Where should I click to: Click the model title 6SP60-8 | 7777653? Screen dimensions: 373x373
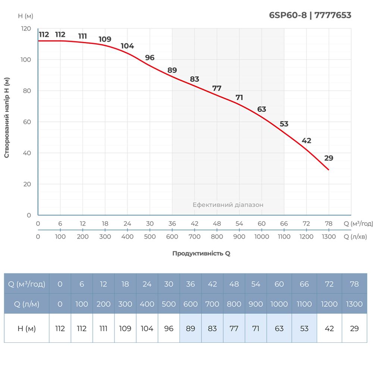click(310, 15)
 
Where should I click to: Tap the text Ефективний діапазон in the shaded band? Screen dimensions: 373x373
click(228, 205)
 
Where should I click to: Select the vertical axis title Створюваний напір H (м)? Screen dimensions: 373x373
click(7, 117)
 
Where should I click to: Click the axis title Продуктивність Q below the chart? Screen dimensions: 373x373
click(201, 253)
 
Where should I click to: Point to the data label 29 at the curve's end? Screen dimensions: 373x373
click(329, 158)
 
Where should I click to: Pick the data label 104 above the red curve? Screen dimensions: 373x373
click(127, 46)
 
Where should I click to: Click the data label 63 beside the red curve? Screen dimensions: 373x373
click(262, 109)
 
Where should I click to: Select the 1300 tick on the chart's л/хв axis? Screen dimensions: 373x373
click(329, 236)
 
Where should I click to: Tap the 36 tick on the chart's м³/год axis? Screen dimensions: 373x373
click(172, 224)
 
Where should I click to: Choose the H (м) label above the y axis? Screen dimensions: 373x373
click(25, 16)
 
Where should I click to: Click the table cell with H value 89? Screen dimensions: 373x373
click(191, 329)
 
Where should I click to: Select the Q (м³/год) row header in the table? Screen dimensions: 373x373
click(26, 284)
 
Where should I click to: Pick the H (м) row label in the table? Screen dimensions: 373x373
click(26, 329)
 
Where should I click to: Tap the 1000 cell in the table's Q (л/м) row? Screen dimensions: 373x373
click(279, 304)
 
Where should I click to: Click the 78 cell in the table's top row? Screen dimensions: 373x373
click(354, 284)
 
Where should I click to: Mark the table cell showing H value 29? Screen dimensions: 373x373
click(354, 329)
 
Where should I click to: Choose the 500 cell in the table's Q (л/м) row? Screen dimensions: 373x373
click(169, 304)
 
